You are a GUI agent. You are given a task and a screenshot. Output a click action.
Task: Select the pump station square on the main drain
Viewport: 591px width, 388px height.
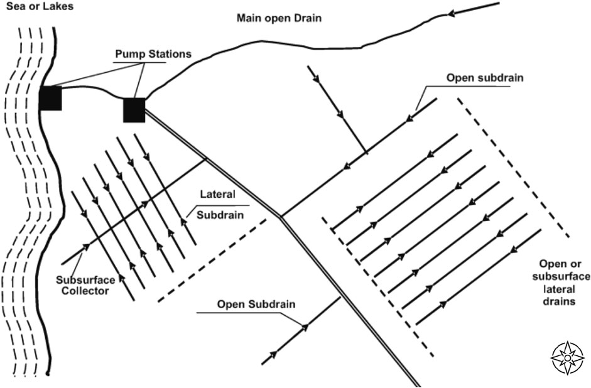134,110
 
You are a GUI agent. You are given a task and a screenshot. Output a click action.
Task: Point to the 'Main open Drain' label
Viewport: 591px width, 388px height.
279,18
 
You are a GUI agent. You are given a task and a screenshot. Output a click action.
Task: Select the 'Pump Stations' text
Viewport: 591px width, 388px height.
144,55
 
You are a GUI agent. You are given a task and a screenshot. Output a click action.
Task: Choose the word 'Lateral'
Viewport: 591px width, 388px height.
217,195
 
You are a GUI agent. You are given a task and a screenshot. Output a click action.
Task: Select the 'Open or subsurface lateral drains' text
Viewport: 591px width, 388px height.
561,282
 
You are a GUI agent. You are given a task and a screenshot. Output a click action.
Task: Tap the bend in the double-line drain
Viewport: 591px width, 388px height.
280,218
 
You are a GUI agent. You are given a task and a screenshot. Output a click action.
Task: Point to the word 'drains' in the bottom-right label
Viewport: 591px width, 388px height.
561,301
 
